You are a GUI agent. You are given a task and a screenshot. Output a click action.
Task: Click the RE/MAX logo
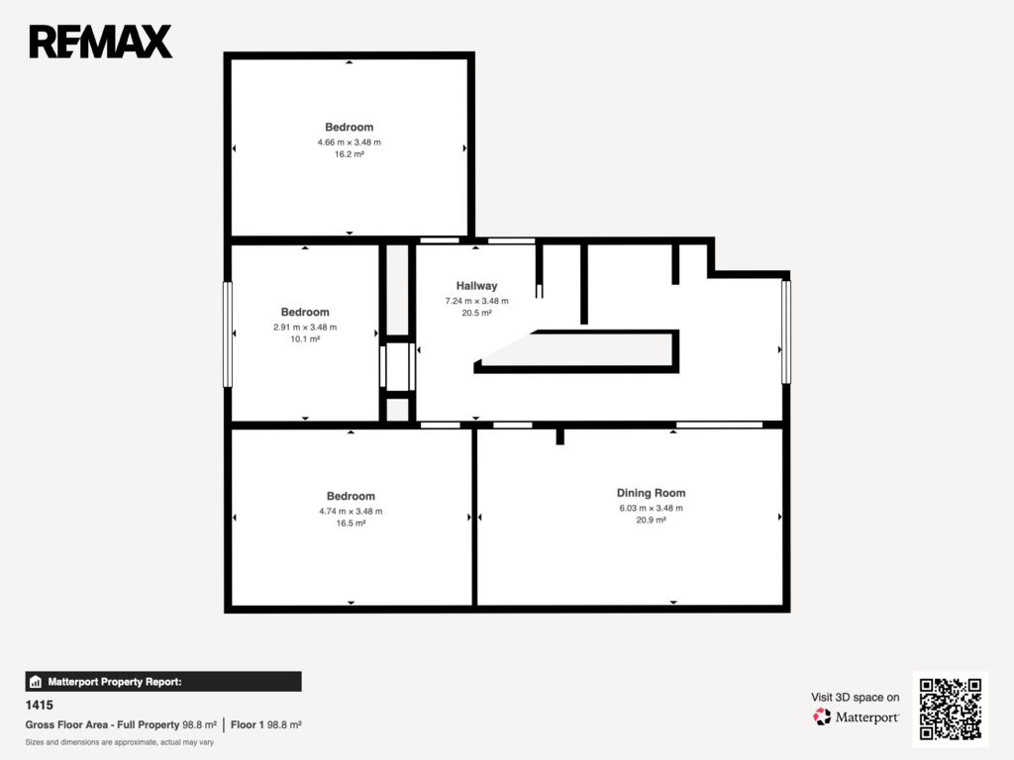tap(101, 42)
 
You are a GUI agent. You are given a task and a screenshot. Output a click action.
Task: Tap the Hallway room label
tap(476, 286)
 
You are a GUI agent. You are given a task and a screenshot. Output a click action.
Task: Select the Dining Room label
tap(651, 493)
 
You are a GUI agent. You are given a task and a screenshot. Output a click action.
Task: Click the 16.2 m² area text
tap(350, 154)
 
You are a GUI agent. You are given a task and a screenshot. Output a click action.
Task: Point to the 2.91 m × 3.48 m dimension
tap(305, 327)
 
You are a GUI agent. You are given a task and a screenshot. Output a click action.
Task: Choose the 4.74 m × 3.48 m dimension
tap(351, 512)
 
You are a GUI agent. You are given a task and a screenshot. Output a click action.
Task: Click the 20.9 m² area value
tap(651, 521)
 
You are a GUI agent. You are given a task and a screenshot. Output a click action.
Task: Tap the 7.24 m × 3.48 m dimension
tap(476, 301)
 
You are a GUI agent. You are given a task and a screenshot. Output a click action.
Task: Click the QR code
tap(951, 709)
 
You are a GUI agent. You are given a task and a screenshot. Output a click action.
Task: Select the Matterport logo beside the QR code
tap(857, 716)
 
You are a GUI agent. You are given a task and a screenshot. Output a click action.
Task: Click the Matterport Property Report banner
tap(163, 682)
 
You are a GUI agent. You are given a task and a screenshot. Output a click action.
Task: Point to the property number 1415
tap(40, 705)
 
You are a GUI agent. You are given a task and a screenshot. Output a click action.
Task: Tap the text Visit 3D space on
tap(855, 698)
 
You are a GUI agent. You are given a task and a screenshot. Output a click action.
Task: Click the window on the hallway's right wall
tap(786, 332)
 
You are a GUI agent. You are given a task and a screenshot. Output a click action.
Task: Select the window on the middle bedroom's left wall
tap(228, 334)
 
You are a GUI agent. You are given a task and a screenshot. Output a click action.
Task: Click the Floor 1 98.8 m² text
tap(265, 725)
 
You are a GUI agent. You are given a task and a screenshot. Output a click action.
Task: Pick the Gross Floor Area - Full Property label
tap(102, 725)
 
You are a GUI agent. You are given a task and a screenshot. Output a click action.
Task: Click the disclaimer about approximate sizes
tap(120, 742)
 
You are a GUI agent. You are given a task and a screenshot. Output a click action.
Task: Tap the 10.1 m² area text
tap(305, 339)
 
